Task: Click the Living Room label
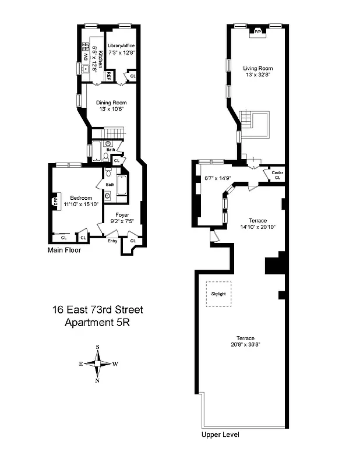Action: [257, 68]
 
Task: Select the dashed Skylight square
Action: [218, 294]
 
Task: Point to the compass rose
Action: [97, 363]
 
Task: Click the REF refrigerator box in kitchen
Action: [109, 75]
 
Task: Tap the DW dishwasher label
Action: [83, 57]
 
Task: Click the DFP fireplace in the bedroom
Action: [56, 202]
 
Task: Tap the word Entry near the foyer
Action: [112, 241]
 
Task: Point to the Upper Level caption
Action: [220, 435]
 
